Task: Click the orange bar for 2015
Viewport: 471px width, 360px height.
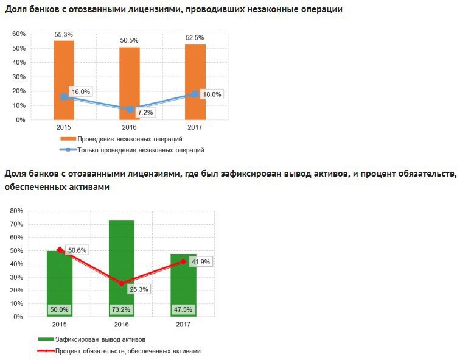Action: pos(64,67)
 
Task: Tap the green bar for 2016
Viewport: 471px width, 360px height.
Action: pos(121,256)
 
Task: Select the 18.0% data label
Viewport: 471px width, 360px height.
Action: pos(212,94)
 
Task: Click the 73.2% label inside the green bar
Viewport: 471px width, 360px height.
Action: pos(121,309)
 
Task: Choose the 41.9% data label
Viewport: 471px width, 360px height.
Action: pos(200,262)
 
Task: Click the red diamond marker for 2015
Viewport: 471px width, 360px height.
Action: pos(60,250)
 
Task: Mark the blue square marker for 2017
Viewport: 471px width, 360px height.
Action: pos(195,94)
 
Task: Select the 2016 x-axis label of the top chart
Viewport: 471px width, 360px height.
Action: pos(129,128)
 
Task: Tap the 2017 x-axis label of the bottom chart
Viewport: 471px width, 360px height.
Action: pos(183,325)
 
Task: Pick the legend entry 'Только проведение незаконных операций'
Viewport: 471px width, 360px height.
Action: pos(141,149)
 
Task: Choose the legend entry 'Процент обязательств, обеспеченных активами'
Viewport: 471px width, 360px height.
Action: pos(128,351)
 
